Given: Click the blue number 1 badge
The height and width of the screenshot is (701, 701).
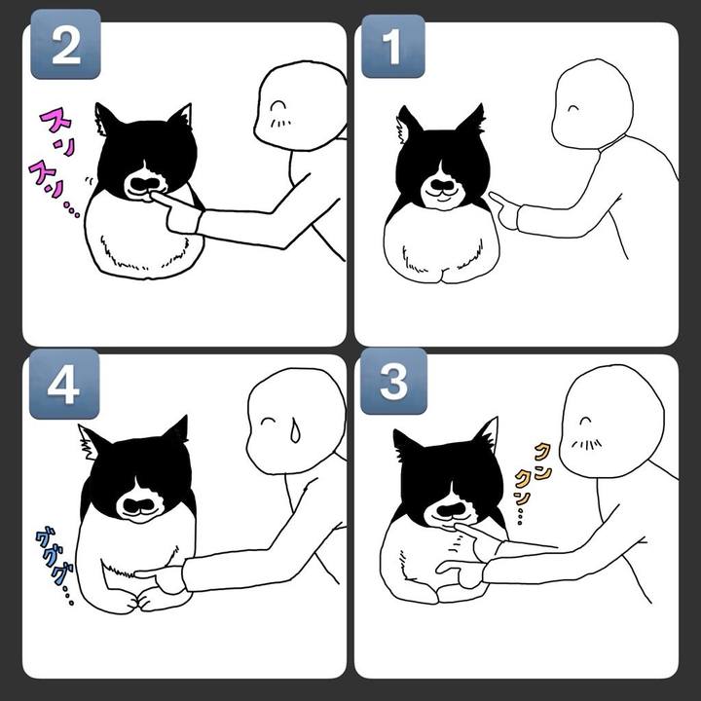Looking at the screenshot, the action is [393, 46].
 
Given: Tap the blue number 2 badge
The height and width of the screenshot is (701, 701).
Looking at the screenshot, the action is [65, 44].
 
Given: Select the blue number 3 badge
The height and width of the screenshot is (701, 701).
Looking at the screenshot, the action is [393, 382].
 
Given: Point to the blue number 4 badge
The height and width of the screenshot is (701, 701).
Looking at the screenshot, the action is [64, 384].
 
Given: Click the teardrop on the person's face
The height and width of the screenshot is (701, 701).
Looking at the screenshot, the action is [295, 430].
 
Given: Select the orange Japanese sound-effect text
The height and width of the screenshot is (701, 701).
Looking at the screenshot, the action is [531, 482].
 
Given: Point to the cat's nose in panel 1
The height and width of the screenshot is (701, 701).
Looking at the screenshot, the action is [441, 186].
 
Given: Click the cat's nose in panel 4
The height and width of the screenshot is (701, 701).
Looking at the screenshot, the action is [137, 505].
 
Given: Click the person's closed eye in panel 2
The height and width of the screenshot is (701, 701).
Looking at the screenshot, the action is [278, 105].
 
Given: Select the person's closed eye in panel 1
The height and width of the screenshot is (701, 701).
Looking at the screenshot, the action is [573, 108].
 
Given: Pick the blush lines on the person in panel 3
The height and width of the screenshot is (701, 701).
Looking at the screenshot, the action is [586, 444].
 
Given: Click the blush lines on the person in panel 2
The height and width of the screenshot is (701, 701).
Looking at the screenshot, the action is [279, 123].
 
